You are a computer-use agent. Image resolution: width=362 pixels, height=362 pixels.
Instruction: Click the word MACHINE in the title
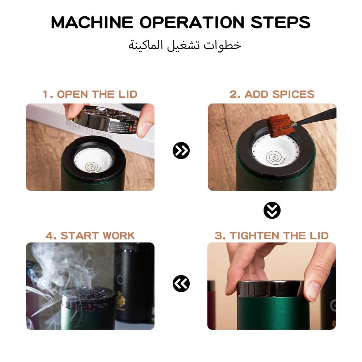point(92,22)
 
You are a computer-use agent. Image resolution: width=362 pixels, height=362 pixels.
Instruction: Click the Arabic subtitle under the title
point(185,46)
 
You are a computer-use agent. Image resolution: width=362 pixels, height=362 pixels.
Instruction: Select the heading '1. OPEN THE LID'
point(90,94)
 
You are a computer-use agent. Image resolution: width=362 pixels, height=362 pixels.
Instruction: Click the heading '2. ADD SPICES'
point(272,94)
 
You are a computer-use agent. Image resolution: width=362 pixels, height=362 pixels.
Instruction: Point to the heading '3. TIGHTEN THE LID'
point(271,236)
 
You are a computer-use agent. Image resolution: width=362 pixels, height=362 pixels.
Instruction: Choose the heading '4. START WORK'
point(90,236)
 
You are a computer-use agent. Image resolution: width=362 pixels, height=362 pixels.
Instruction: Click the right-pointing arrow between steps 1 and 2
point(181,151)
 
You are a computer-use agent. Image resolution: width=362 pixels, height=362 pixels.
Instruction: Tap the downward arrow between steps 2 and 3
point(272,210)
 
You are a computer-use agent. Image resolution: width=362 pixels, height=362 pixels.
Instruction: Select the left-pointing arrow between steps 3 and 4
point(181,283)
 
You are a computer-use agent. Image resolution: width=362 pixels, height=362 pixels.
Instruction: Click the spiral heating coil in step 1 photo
point(93,167)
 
